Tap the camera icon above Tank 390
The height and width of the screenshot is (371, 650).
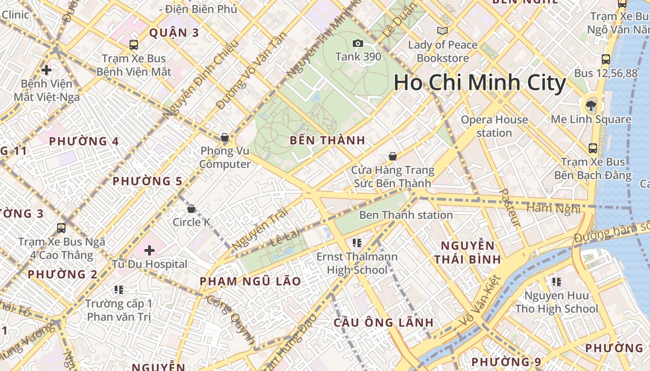coord(358,43)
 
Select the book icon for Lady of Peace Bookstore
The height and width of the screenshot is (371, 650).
coord(442,31)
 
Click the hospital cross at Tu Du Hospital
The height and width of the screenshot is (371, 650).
coord(149,251)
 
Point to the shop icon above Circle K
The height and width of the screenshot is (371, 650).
coord(191,209)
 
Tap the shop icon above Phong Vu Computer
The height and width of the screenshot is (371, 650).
coord(225,137)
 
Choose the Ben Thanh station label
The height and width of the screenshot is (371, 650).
coord(406,215)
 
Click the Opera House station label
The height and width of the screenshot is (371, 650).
coord(494,126)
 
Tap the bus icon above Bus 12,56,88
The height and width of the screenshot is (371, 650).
coord(606,59)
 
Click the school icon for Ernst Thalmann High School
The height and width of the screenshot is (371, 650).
coord(357,243)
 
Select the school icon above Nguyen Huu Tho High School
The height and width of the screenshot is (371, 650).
coord(556,281)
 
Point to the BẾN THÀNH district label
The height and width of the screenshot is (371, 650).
coord(327,140)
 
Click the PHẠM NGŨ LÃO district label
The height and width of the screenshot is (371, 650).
coord(250,281)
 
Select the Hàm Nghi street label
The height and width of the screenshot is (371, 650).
coord(554,208)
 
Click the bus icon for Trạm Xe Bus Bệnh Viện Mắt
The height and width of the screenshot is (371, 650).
coord(134,45)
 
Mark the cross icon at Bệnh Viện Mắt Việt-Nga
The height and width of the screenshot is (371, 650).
coord(46,70)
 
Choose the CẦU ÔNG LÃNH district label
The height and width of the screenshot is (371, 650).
coord(383,322)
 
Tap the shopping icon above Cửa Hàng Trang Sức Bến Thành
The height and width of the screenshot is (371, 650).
coord(393,156)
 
